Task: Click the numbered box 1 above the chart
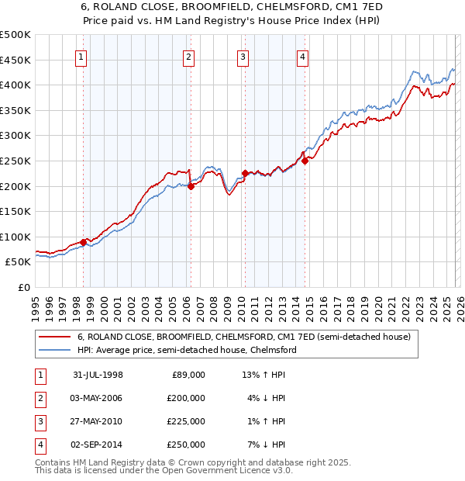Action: click(82, 56)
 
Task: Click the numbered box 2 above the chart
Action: click(188, 56)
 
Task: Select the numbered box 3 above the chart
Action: click(243, 56)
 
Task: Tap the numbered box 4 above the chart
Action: click(302, 56)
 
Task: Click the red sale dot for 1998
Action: click(84, 242)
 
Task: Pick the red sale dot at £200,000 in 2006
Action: click(191, 186)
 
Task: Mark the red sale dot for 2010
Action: click(246, 173)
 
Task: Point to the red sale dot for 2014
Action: click(305, 161)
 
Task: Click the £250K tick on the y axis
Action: click(15, 161)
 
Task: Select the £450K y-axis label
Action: click(15, 60)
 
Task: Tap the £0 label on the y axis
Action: click(23, 287)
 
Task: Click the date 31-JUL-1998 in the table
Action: click(98, 375)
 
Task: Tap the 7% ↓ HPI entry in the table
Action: click(263, 445)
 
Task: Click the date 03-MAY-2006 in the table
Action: click(98, 398)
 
